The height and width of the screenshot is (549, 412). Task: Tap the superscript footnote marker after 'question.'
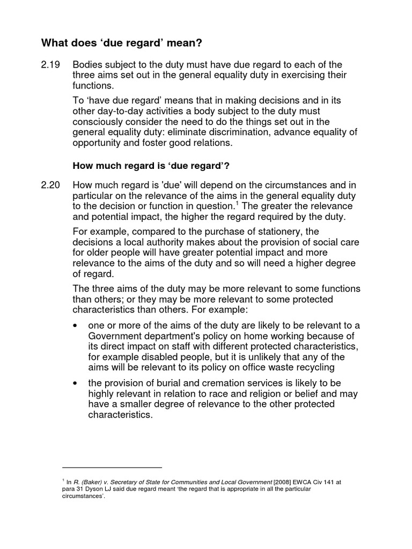click(237, 204)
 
